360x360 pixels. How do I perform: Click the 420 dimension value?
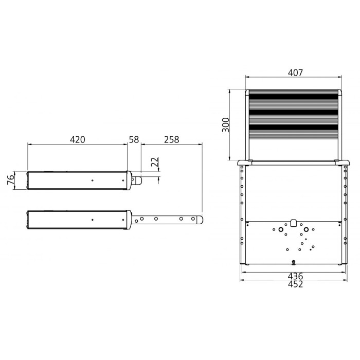coord(77,139)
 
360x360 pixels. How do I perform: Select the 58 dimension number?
coord(134,139)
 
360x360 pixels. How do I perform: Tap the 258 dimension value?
coord(171,139)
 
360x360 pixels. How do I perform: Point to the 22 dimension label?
coord(155,162)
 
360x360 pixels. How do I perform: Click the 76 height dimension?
coord(11,179)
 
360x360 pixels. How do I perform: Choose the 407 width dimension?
coord(296,73)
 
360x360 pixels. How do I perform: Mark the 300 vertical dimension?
coord(226,125)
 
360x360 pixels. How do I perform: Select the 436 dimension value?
coord(296,276)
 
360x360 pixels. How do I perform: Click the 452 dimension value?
coord(296,284)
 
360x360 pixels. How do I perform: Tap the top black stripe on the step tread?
coord(294,97)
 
